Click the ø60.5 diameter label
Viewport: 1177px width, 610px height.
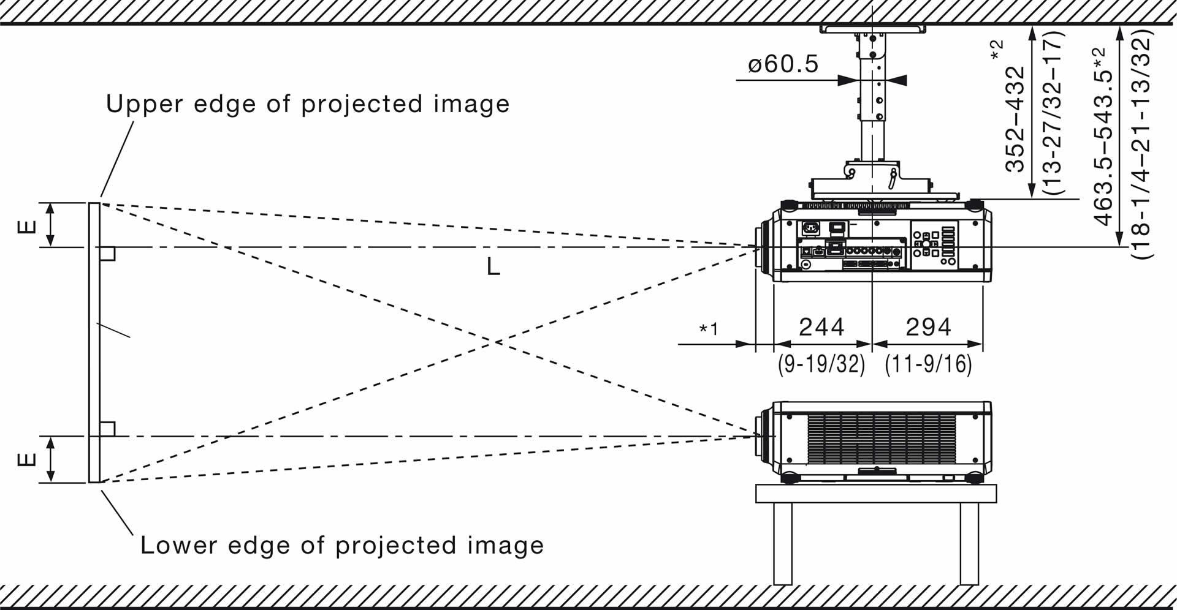coord(783,64)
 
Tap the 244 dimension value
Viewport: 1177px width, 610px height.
coord(821,327)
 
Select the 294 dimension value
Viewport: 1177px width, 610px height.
coord(928,327)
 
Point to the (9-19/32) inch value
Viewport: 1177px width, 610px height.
coord(821,364)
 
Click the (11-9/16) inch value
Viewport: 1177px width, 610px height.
coord(928,364)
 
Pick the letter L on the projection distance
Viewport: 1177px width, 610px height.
coord(493,267)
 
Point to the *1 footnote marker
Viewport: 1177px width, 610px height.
coord(709,329)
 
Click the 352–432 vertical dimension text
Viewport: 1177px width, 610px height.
coord(1015,119)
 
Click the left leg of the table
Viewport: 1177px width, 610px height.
coord(782,543)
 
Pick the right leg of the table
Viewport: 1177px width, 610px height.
coord(969,543)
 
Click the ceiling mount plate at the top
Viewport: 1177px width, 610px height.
coord(872,29)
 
